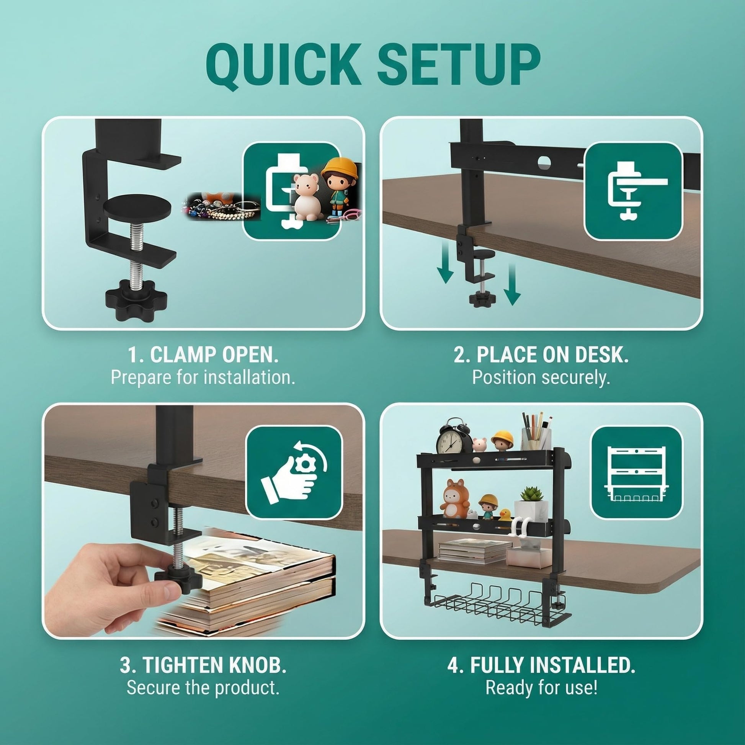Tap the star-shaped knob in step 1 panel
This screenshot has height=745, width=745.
136,300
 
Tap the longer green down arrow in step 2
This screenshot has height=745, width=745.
512,284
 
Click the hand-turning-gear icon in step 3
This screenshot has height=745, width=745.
294,473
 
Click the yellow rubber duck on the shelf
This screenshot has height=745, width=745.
504,514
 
